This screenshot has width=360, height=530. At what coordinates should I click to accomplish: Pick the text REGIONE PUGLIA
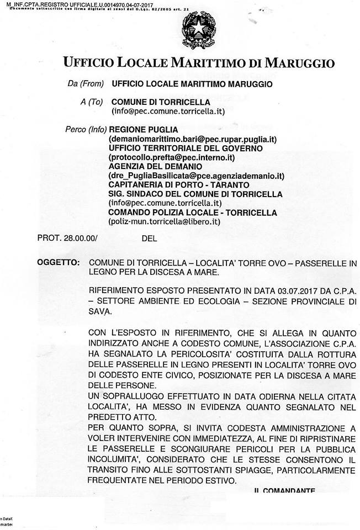139,130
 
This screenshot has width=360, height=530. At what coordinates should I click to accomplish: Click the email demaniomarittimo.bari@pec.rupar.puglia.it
192,139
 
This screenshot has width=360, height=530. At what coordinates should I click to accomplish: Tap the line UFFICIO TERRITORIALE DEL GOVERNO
185,148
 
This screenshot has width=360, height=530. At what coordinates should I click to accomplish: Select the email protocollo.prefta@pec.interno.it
172,157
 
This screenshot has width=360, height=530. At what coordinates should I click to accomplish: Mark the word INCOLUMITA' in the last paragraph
118,459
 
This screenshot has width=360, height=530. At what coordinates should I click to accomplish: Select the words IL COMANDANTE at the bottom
284,491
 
